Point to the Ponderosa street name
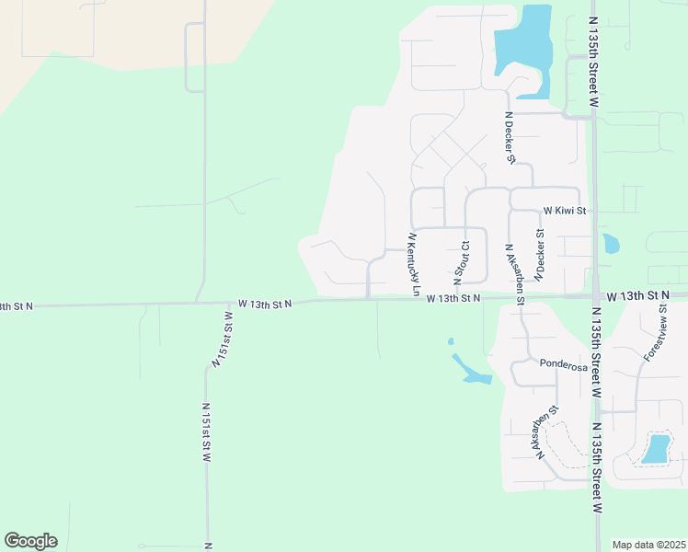(x=563, y=365)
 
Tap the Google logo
(x=30, y=541)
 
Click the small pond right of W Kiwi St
(x=610, y=244)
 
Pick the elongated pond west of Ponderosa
(x=471, y=370)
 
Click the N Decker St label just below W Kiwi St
(x=540, y=247)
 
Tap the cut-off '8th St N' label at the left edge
(x=17, y=305)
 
